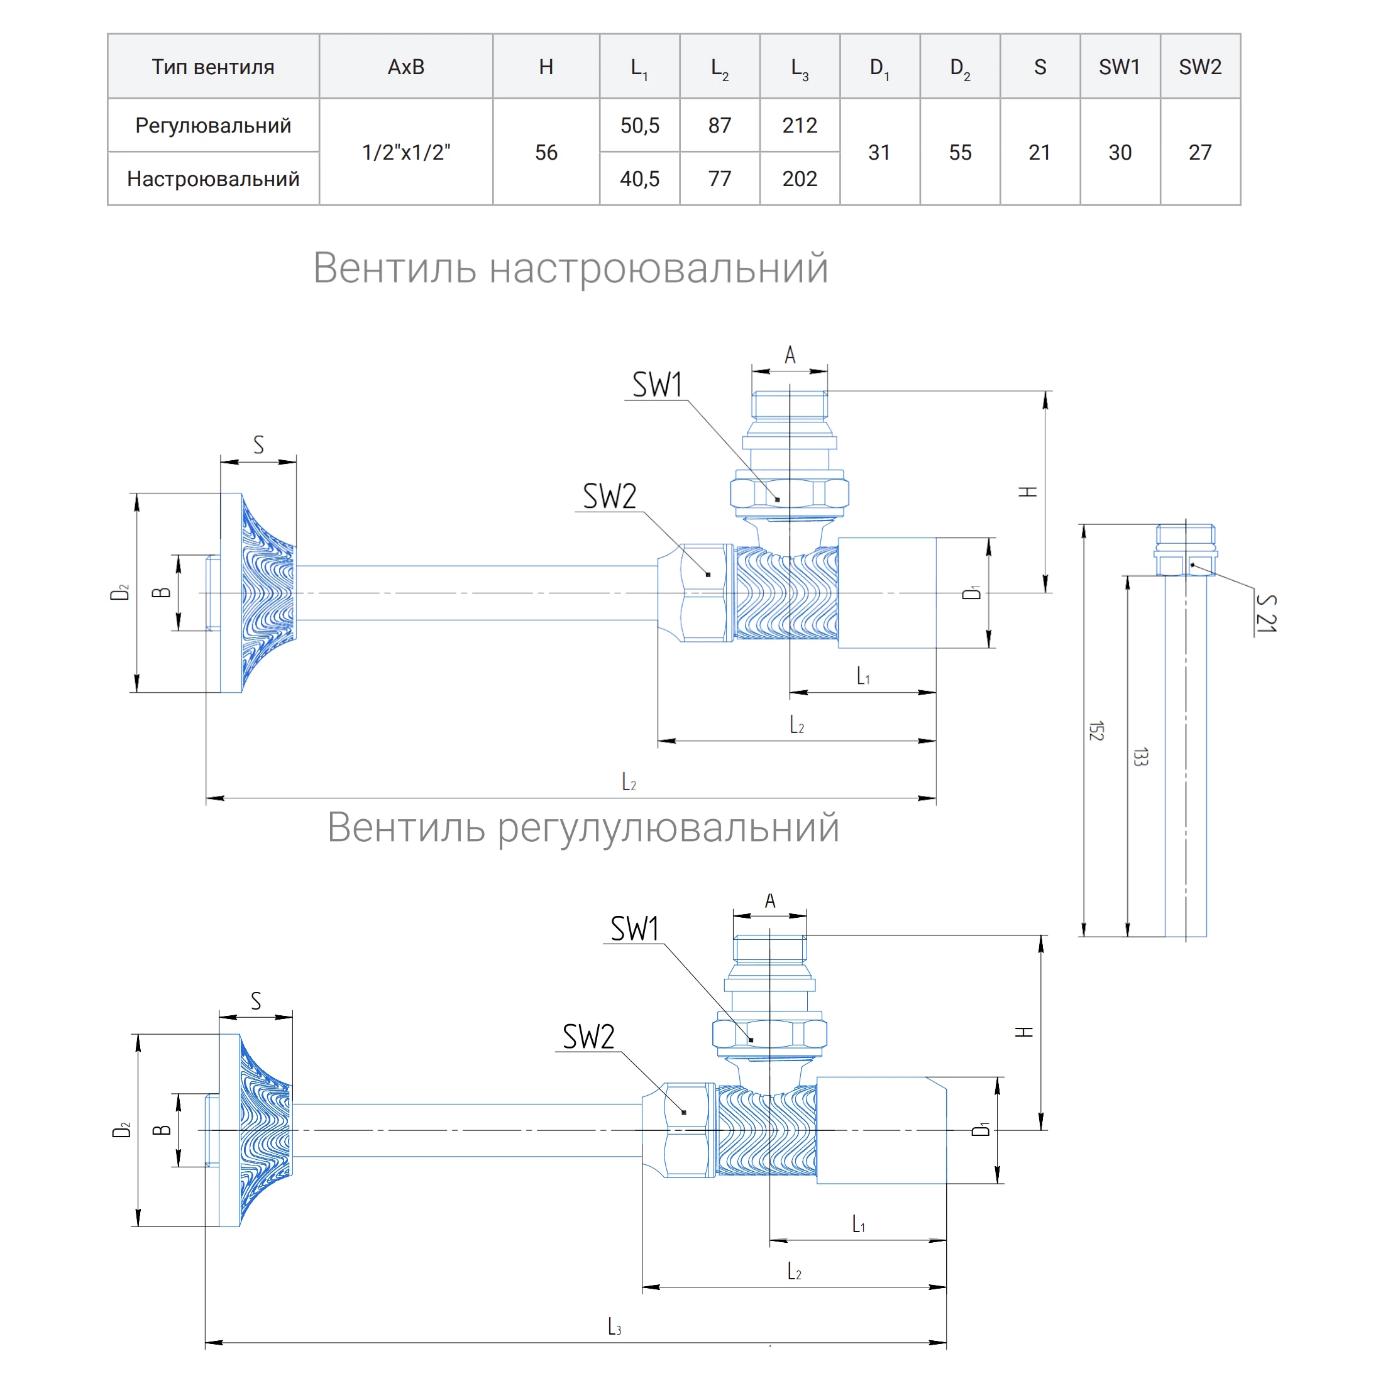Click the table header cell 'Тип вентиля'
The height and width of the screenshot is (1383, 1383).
coord(212,67)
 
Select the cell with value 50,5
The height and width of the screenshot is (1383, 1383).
coord(639,125)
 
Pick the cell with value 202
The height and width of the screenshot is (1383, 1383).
coord(799,179)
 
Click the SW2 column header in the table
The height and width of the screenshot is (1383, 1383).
coord(1199,67)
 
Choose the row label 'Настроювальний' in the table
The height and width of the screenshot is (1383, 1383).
coord(212,179)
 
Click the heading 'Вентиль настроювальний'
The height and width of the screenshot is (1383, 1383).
coord(571,268)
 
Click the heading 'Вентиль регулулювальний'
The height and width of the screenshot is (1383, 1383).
coord(583,827)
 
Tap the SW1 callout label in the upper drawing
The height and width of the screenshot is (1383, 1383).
coord(657,385)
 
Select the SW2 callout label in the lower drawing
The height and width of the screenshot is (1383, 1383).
coord(588,1037)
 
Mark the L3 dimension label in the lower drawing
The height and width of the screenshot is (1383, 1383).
coord(614,1326)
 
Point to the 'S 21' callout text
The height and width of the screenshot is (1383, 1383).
coord(1265,614)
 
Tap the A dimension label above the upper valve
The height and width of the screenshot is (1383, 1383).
coord(790,355)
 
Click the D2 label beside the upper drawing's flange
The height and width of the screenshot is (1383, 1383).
coord(119,592)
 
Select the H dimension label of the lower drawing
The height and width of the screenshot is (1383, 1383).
coord(1023,1032)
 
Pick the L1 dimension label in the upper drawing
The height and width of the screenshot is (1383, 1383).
coord(863,675)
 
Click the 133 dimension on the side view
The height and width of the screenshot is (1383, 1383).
coord(1140,757)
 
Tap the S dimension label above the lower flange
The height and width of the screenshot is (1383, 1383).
coord(256,1001)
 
